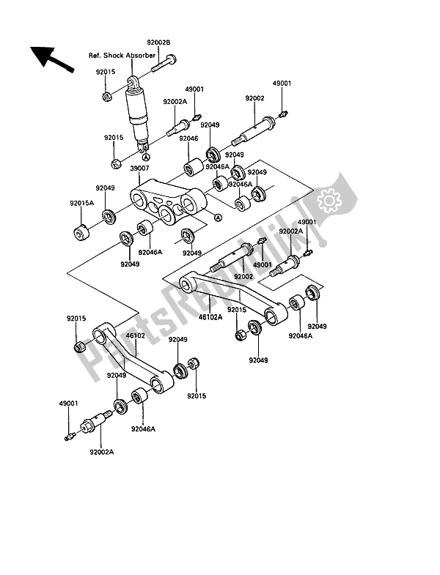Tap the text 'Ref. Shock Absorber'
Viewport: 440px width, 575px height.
[x=122, y=56]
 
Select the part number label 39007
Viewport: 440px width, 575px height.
[x=140, y=168]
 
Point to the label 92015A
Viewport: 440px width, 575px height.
[x=81, y=203]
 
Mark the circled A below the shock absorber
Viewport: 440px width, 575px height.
[x=145, y=157]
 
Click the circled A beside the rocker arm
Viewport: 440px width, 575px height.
[x=218, y=217]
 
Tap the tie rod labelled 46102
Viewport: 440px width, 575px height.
[x=132, y=359]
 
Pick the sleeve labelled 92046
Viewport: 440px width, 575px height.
[x=193, y=167]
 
